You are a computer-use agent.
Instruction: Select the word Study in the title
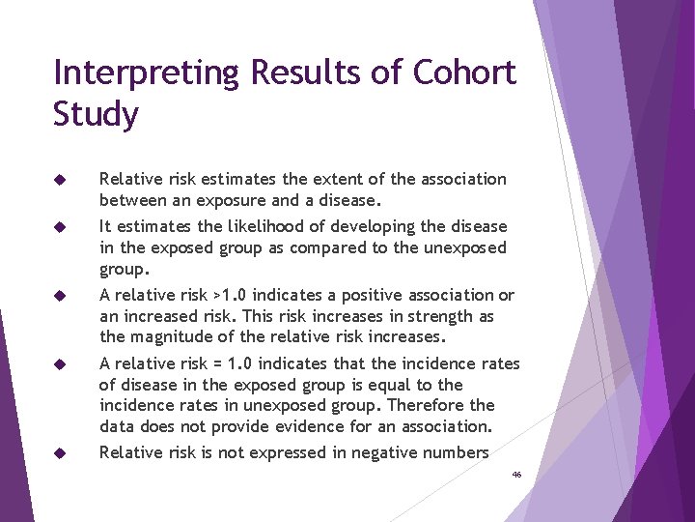point(97,115)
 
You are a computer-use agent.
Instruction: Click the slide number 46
point(516,476)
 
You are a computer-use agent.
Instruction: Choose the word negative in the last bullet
point(384,452)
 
